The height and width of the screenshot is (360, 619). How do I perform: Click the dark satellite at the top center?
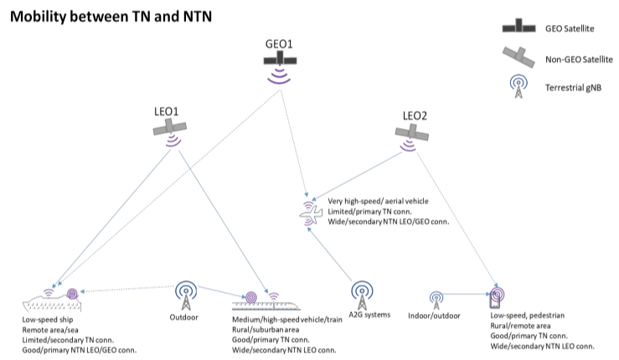coord(280,59)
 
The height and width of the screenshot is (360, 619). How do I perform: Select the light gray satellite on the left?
coord(169,127)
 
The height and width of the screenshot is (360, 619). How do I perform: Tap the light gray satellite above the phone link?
coord(411,132)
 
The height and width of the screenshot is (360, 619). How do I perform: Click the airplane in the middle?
coord(310,214)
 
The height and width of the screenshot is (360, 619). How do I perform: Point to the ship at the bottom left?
coord(52,304)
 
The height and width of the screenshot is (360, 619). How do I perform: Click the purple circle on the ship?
coord(72,294)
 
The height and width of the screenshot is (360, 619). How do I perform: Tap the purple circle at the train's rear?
coord(251,297)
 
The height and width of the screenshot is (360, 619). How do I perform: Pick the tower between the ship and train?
coord(186,296)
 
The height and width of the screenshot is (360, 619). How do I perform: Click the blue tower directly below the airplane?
coord(362,295)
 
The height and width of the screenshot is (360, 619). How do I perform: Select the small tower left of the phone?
coord(436,300)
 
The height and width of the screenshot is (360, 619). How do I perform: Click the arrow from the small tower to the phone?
coord(465,294)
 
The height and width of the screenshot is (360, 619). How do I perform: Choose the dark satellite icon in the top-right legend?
coord(518,27)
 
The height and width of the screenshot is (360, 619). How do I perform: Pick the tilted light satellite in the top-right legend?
coord(518,56)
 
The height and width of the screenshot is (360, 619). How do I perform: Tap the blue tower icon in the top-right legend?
coord(518,85)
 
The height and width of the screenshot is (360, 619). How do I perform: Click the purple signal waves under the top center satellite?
coord(279,76)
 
